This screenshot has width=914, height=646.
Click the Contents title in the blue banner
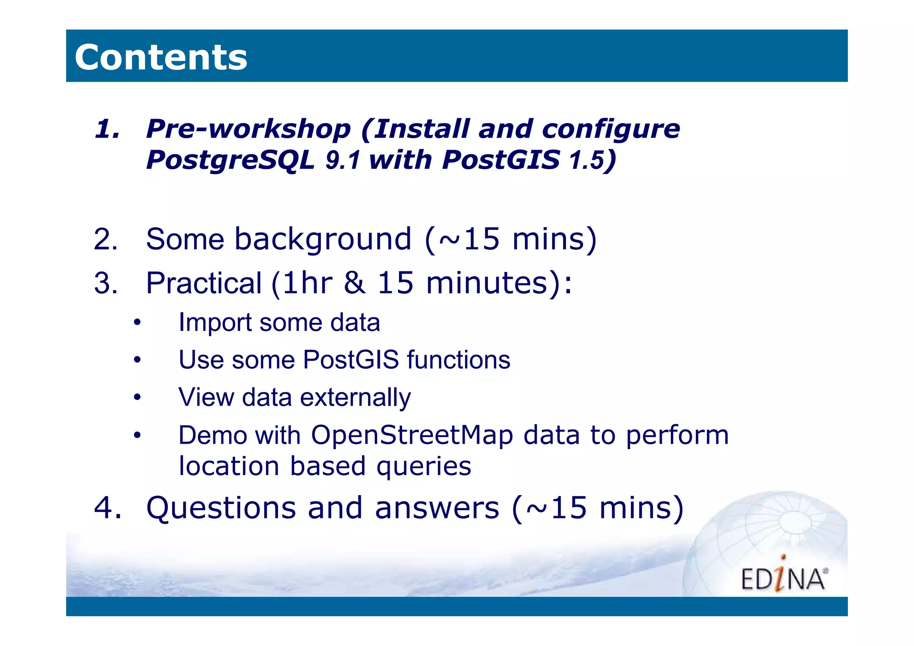coord(161,57)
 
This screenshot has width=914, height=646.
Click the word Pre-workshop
coord(249,129)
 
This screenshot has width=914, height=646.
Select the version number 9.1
coord(342,161)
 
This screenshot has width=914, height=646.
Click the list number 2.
coord(105,239)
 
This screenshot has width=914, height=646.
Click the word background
coord(323,239)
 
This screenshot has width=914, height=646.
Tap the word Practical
coord(204,283)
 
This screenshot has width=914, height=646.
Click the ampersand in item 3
coord(355,283)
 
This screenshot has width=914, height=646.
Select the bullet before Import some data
coord(137,322)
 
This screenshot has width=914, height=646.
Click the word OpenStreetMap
coord(412,435)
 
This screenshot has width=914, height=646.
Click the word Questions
coord(221,508)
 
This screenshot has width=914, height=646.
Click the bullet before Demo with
coord(137,435)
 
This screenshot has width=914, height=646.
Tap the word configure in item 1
coord(611,129)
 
